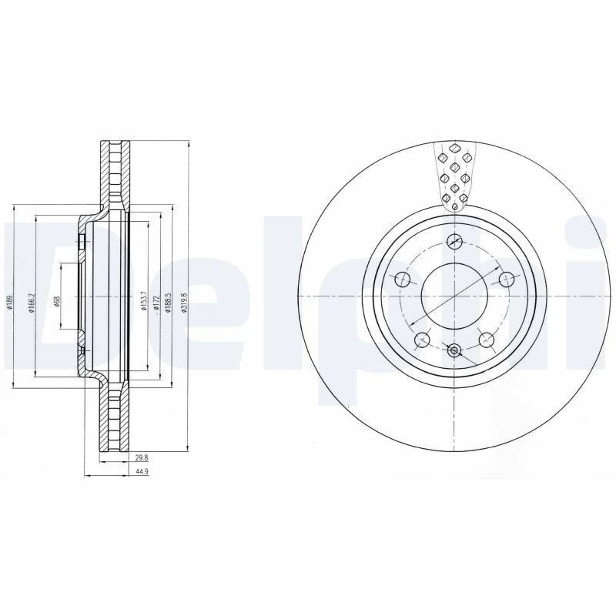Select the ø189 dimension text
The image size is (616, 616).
point(8,301)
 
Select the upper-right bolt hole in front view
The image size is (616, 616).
point(506,279)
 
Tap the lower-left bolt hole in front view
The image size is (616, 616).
point(421,340)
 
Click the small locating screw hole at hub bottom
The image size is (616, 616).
point(454,352)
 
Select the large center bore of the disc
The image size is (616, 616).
point(454,296)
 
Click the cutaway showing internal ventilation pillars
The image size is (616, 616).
point(454,176)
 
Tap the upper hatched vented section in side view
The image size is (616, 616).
point(115,172)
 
